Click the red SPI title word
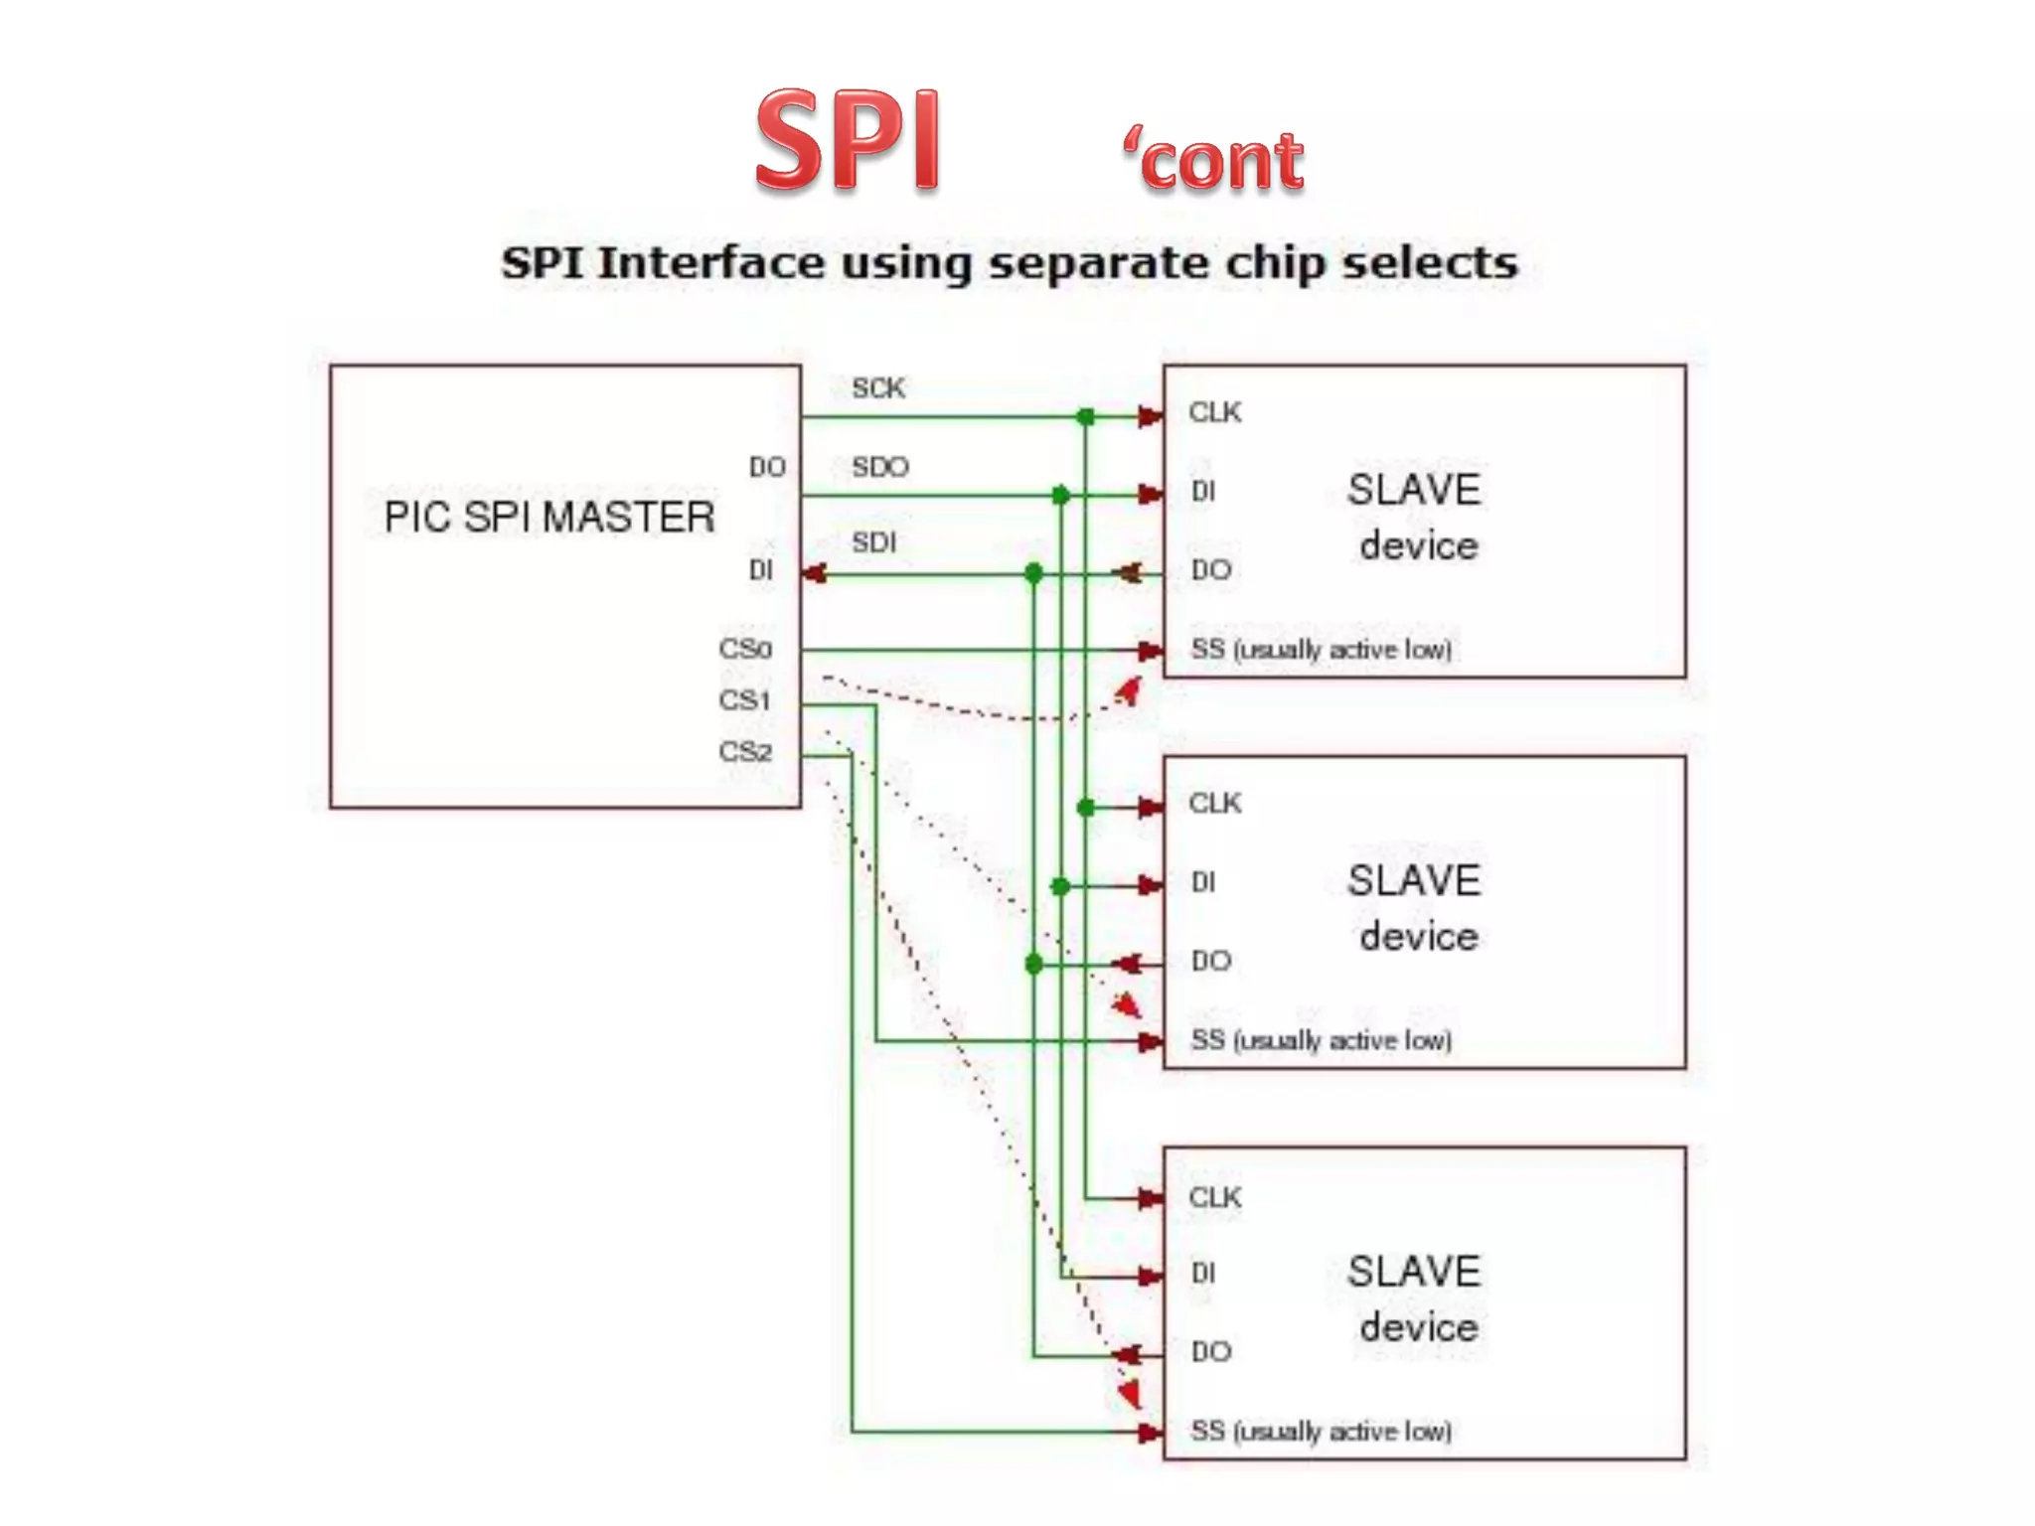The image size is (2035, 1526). point(847,140)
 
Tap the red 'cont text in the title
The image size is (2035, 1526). point(1213,159)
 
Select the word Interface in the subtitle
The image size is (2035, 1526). point(709,263)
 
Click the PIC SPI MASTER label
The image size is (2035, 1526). point(548,517)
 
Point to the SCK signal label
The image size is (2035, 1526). point(877,388)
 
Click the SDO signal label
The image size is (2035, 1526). point(879,467)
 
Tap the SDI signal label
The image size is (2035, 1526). point(873,542)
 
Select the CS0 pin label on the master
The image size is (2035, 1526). point(745,649)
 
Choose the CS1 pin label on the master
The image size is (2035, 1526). point(745,700)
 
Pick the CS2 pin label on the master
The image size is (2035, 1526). point(745,752)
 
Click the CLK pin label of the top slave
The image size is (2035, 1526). point(1214,412)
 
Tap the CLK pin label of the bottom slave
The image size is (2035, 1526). point(1214,1198)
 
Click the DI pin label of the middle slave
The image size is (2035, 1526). point(1202,882)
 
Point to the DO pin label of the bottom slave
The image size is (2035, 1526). point(1210,1351)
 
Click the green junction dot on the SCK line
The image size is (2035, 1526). point(1086,417)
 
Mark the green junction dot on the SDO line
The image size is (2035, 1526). point(1060,495)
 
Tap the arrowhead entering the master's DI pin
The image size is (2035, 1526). point(815,573)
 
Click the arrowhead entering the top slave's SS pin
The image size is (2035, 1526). point(1150,651)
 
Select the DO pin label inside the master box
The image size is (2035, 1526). point(767,467)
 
